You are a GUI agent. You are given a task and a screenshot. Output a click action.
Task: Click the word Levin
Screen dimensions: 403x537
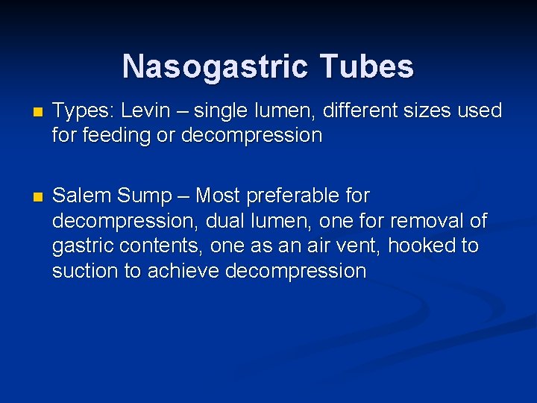pyautogui.click(x=145, y=111)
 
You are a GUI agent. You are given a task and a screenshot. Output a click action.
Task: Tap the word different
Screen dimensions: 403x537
pyautogui.click(x=365, y=111)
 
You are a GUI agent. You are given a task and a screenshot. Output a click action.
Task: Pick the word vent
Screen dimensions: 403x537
pyautogui.click(x=370, y=246)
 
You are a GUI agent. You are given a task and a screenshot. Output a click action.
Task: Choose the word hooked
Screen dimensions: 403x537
pyautogui.click(x=430, y=246)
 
